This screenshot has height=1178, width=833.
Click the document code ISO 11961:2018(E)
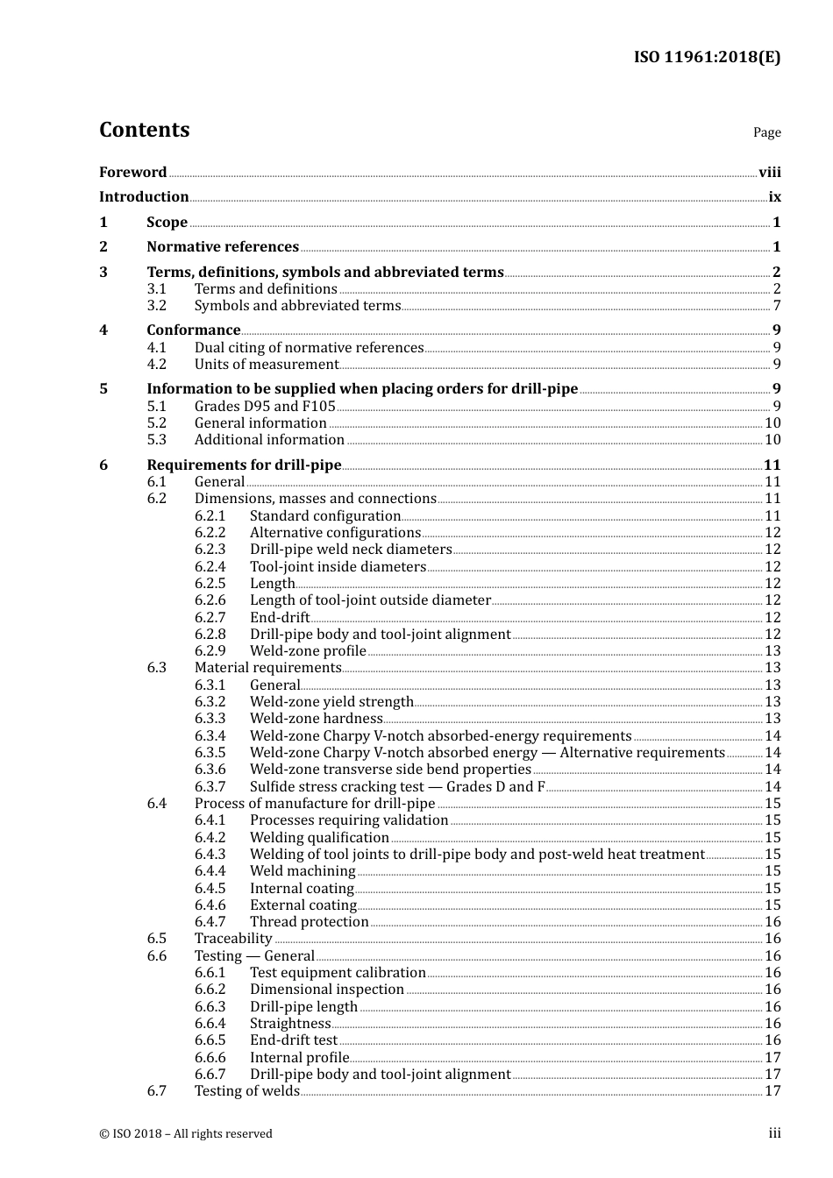tap(707, 57)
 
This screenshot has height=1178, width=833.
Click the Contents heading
tap(144, 130)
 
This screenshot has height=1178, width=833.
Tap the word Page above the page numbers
tap(766, 132)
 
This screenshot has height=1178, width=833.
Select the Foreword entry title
tap(132, 172)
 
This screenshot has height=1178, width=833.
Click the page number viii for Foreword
tap(769, 173)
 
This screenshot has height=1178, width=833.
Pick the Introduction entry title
tap(144, 197)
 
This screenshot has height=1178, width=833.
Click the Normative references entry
tap(223, 247)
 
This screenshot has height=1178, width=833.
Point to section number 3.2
tap(156, 306)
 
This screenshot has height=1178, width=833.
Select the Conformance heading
tap(193, 330)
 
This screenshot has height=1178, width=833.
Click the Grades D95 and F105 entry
tap(265, 406)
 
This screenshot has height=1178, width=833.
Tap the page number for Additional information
tap(772, 440)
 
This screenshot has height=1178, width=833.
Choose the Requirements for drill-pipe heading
tap(244, 465)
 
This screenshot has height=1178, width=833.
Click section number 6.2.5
tap(210, 584)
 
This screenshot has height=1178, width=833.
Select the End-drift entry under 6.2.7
tap(280, 618)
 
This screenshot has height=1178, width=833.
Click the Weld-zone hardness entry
tap(316, 719)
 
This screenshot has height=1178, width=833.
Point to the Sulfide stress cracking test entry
tap(396, 787)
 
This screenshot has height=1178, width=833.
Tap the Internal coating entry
tap(302, 889)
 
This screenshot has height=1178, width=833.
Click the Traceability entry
tap(233, 939)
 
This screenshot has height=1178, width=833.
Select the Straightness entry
tap(290, 1024)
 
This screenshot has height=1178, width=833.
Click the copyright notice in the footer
tap(186, 1134)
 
